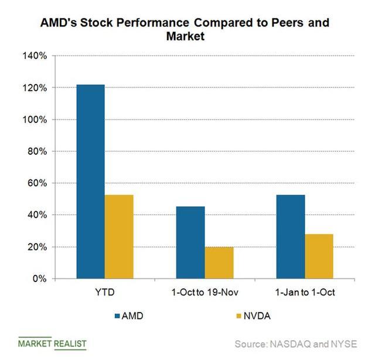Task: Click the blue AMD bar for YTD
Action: pos(90,182)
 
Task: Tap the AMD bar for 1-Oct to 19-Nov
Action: pos(190,243)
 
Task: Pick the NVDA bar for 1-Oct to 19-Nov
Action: pos(219,263)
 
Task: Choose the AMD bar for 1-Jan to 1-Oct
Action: pos(291,237)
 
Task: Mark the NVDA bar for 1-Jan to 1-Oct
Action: pos(319,256)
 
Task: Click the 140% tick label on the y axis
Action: pos(35,56)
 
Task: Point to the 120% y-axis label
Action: pos(35,87)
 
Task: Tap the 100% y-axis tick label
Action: pos(35,120)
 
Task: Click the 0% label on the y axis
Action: pos(39,279)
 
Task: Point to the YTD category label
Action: pos(105,293)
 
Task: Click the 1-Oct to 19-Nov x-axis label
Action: pos(204,293)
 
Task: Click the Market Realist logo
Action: pos(52,343)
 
